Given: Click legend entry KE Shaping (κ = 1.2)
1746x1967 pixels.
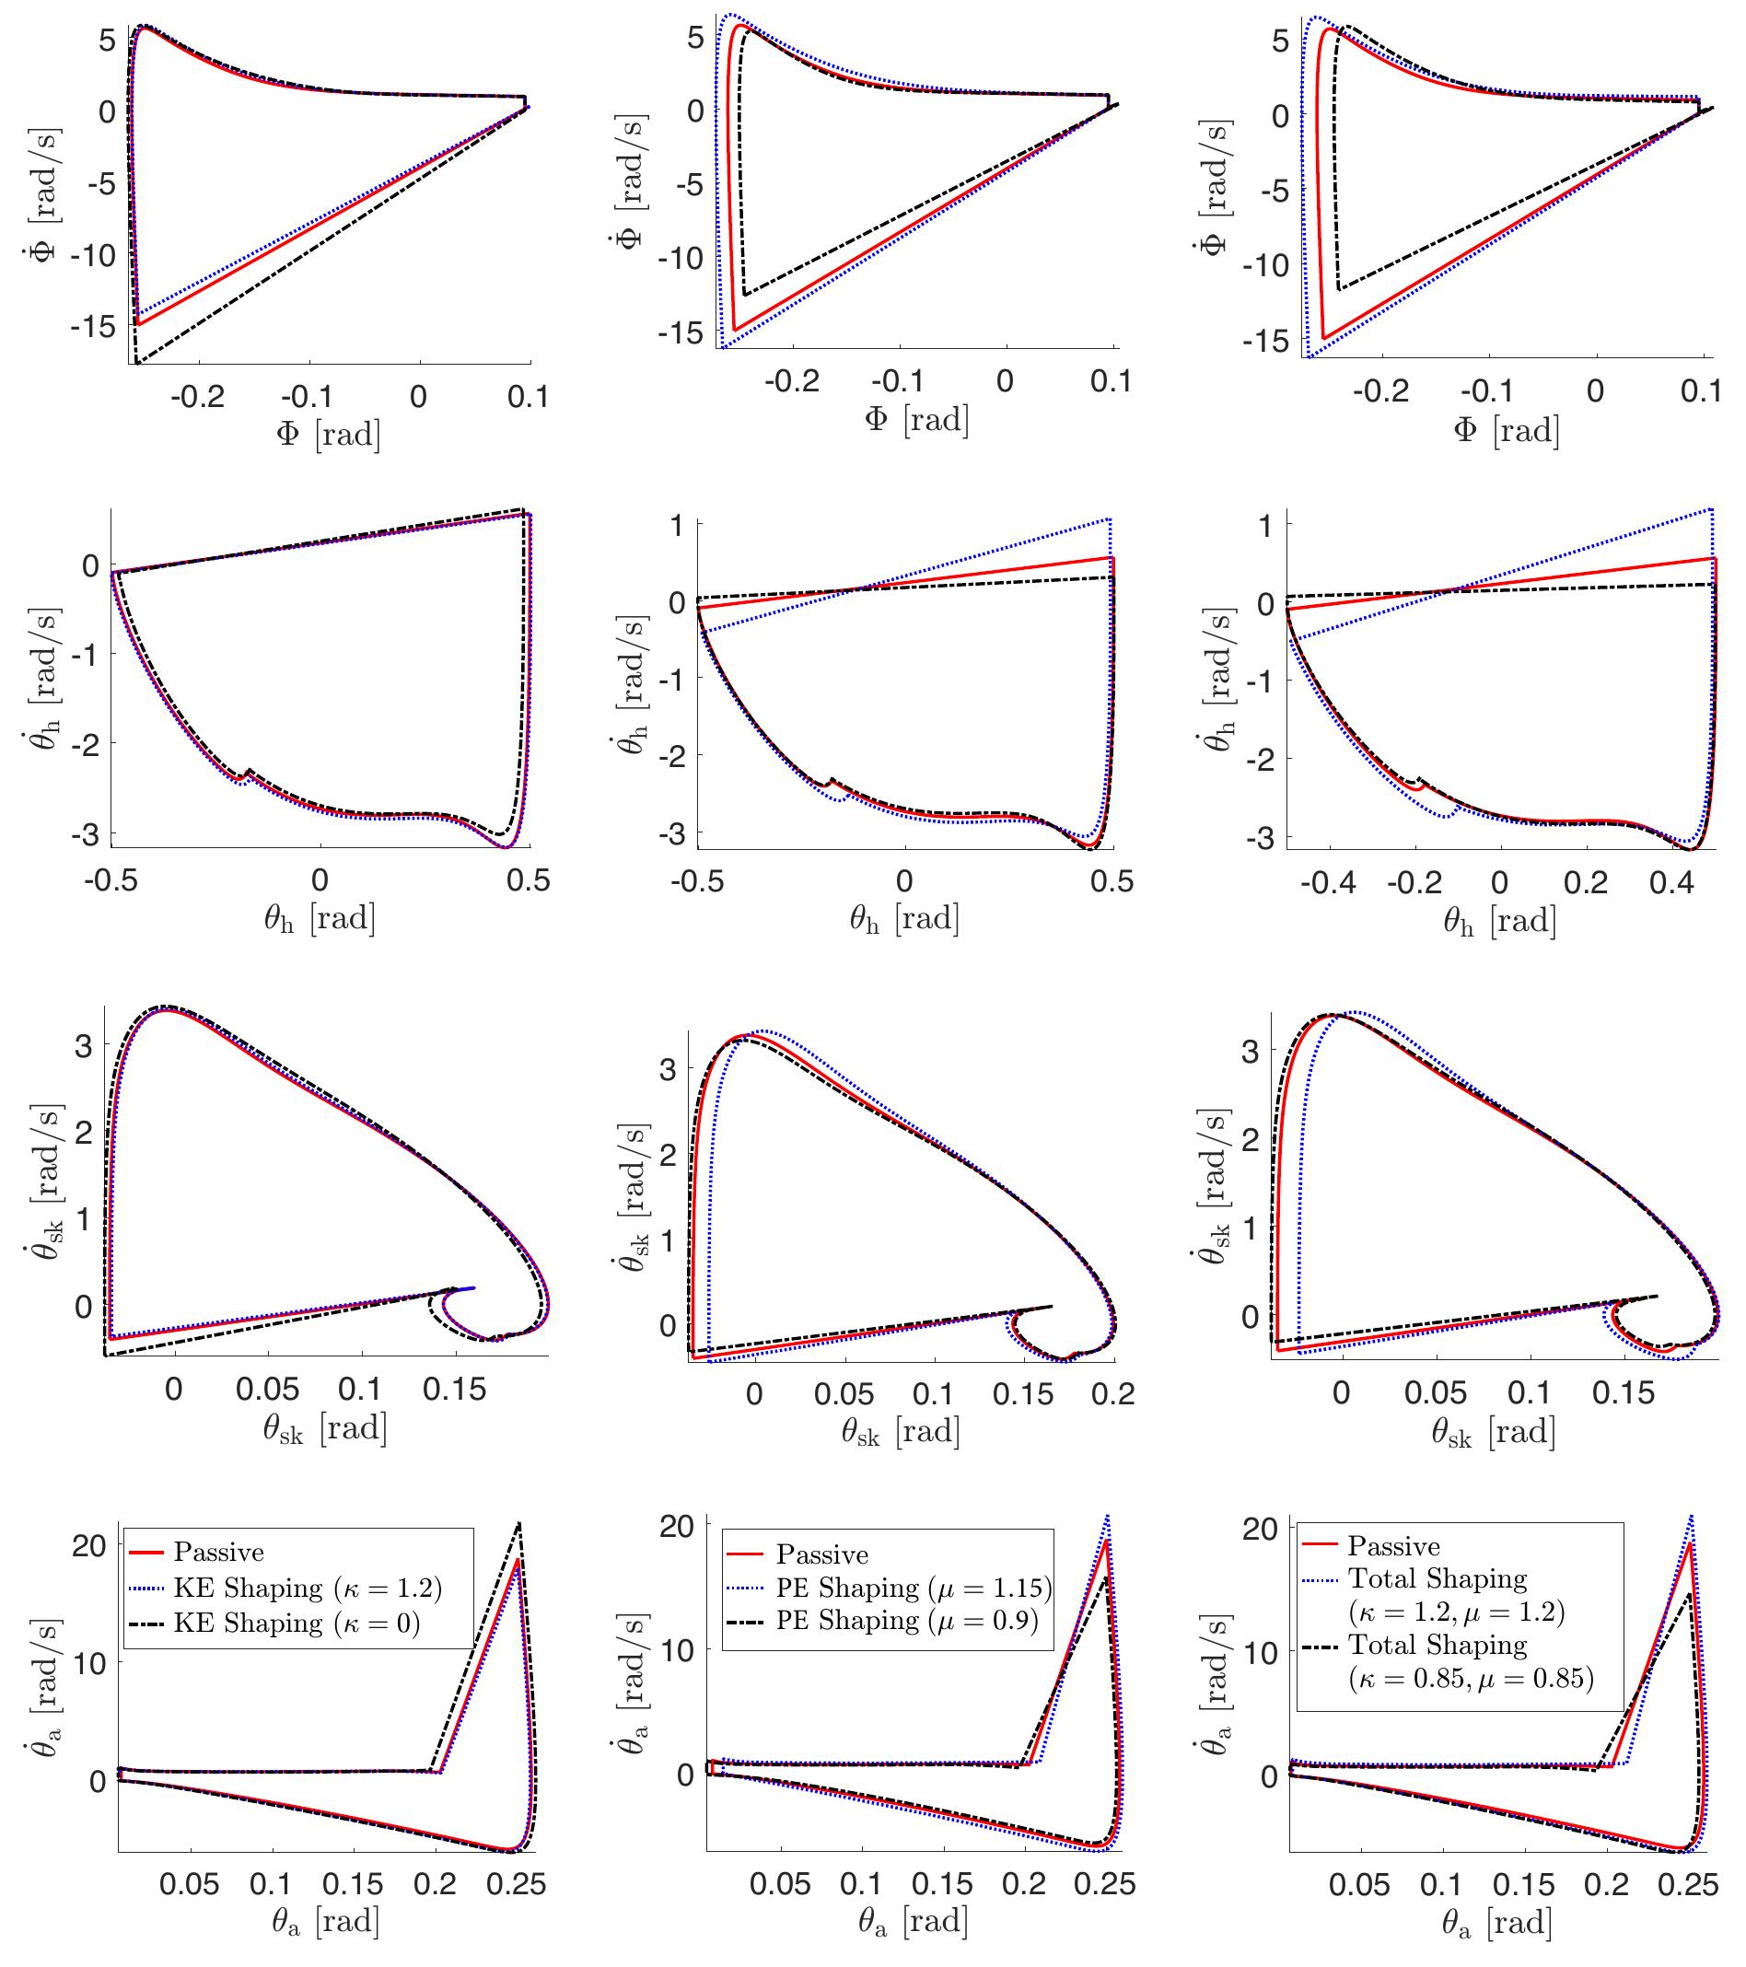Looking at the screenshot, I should click(x=307, y=1588).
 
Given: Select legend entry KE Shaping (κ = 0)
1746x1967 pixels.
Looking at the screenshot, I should click(x=297, y=1624).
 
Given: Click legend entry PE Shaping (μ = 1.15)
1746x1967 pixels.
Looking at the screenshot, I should click(x=914, y=1588).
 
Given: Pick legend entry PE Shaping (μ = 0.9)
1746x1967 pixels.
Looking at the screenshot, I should click(x=906, y=1621).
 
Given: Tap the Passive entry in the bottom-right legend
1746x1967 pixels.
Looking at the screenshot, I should click(x=1392, y=1546).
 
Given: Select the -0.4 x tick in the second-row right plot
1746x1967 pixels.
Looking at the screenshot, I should click(x=1328, y=882).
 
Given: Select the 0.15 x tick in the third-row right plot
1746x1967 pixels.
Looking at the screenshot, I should click(x=1622, y=1392).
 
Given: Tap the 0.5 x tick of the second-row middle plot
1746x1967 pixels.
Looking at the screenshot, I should click(x=1112, y=881).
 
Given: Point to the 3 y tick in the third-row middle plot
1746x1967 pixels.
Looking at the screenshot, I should click(x=668, y=1069).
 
